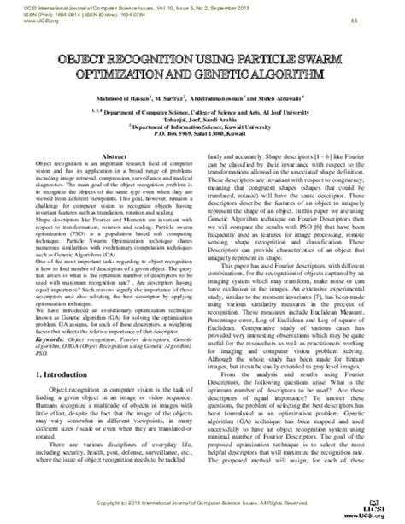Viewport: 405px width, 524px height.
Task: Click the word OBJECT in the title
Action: coord(85,64)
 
